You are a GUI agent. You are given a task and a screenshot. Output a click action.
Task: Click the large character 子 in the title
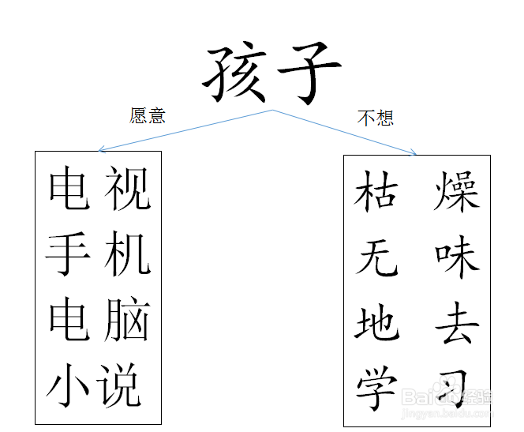306,73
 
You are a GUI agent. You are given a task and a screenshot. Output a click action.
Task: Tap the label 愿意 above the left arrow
148,116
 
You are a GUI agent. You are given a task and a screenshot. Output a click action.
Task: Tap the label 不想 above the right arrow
375,118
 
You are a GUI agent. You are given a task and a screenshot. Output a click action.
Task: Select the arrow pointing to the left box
185,130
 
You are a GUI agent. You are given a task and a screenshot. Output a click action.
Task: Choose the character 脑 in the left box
127,321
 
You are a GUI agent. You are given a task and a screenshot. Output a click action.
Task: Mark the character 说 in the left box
122,386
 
